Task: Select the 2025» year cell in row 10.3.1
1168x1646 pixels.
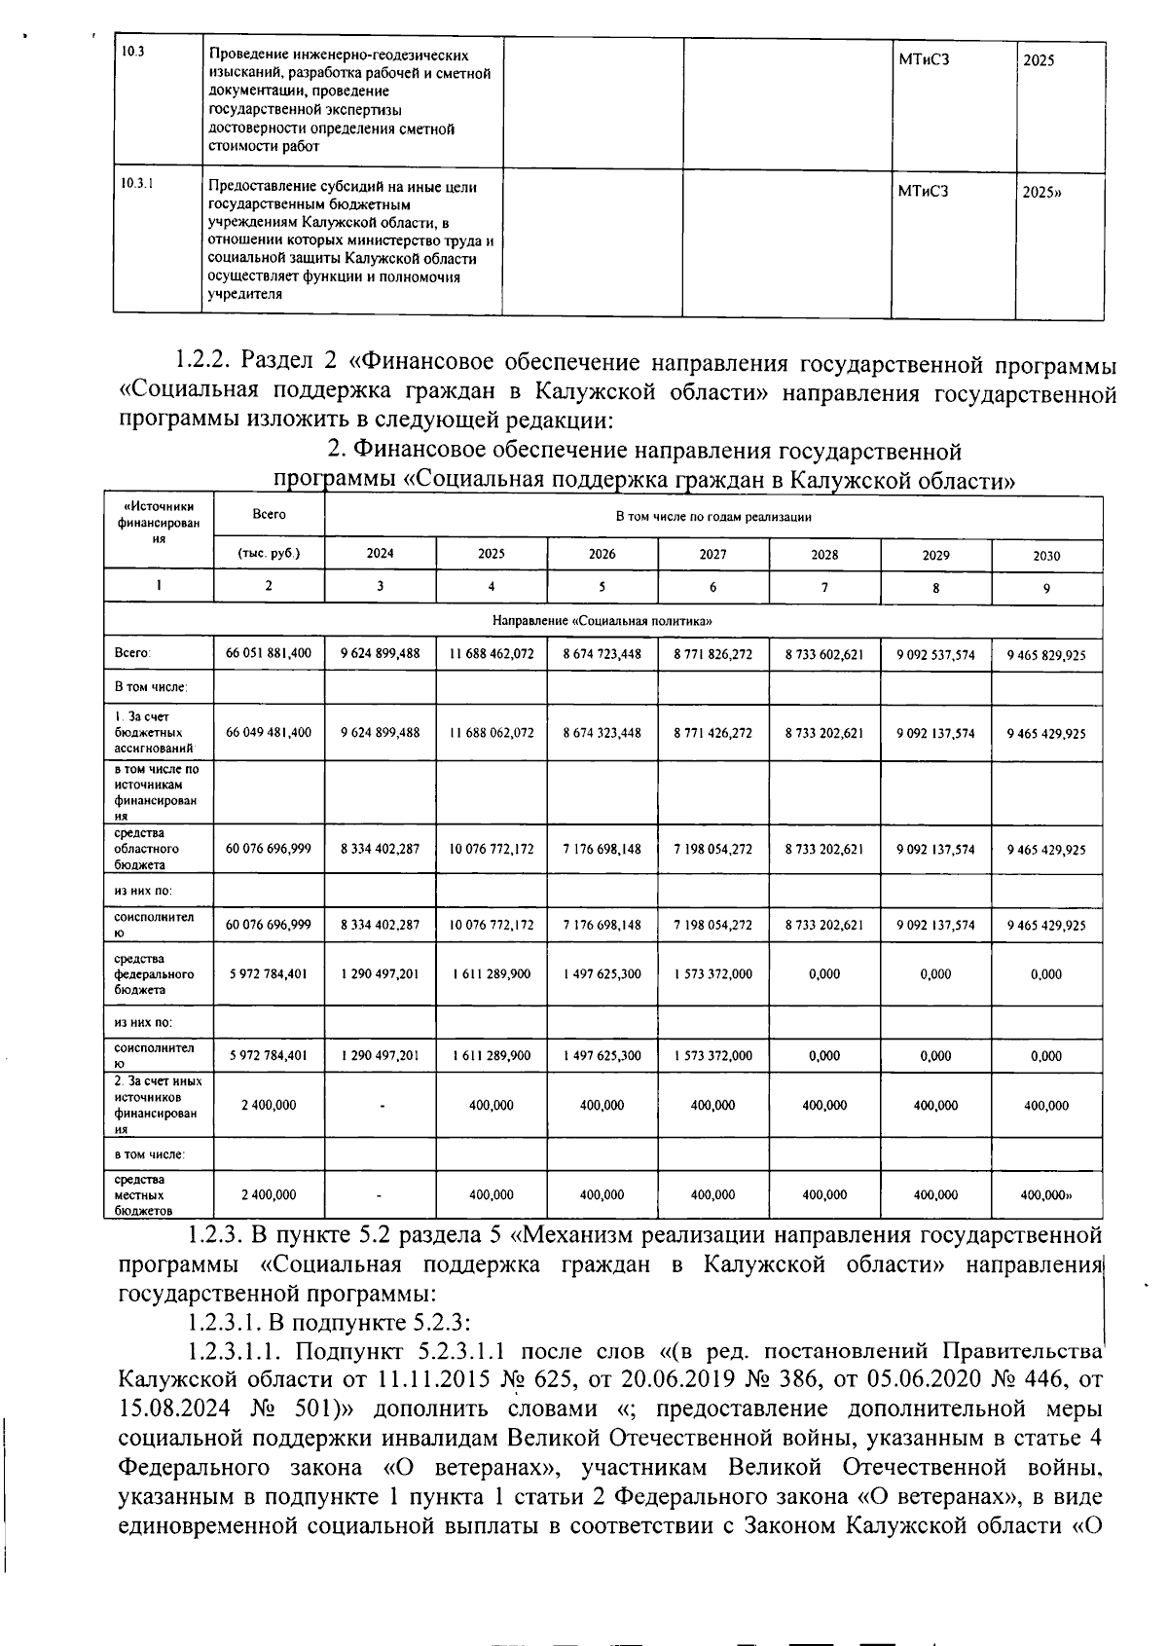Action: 1040,193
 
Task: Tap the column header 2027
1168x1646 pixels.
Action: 712,554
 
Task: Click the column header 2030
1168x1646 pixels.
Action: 1046,556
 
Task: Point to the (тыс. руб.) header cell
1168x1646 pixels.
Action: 269,554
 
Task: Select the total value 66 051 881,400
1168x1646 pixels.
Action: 269,653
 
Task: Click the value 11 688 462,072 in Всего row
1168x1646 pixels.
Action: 492,653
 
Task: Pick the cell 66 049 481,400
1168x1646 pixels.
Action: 269,732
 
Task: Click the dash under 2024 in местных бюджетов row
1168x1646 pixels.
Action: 380,1194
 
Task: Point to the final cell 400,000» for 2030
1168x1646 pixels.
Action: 1046,1194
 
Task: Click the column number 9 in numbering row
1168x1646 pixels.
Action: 1046,587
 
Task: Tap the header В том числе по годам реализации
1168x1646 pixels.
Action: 712,517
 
